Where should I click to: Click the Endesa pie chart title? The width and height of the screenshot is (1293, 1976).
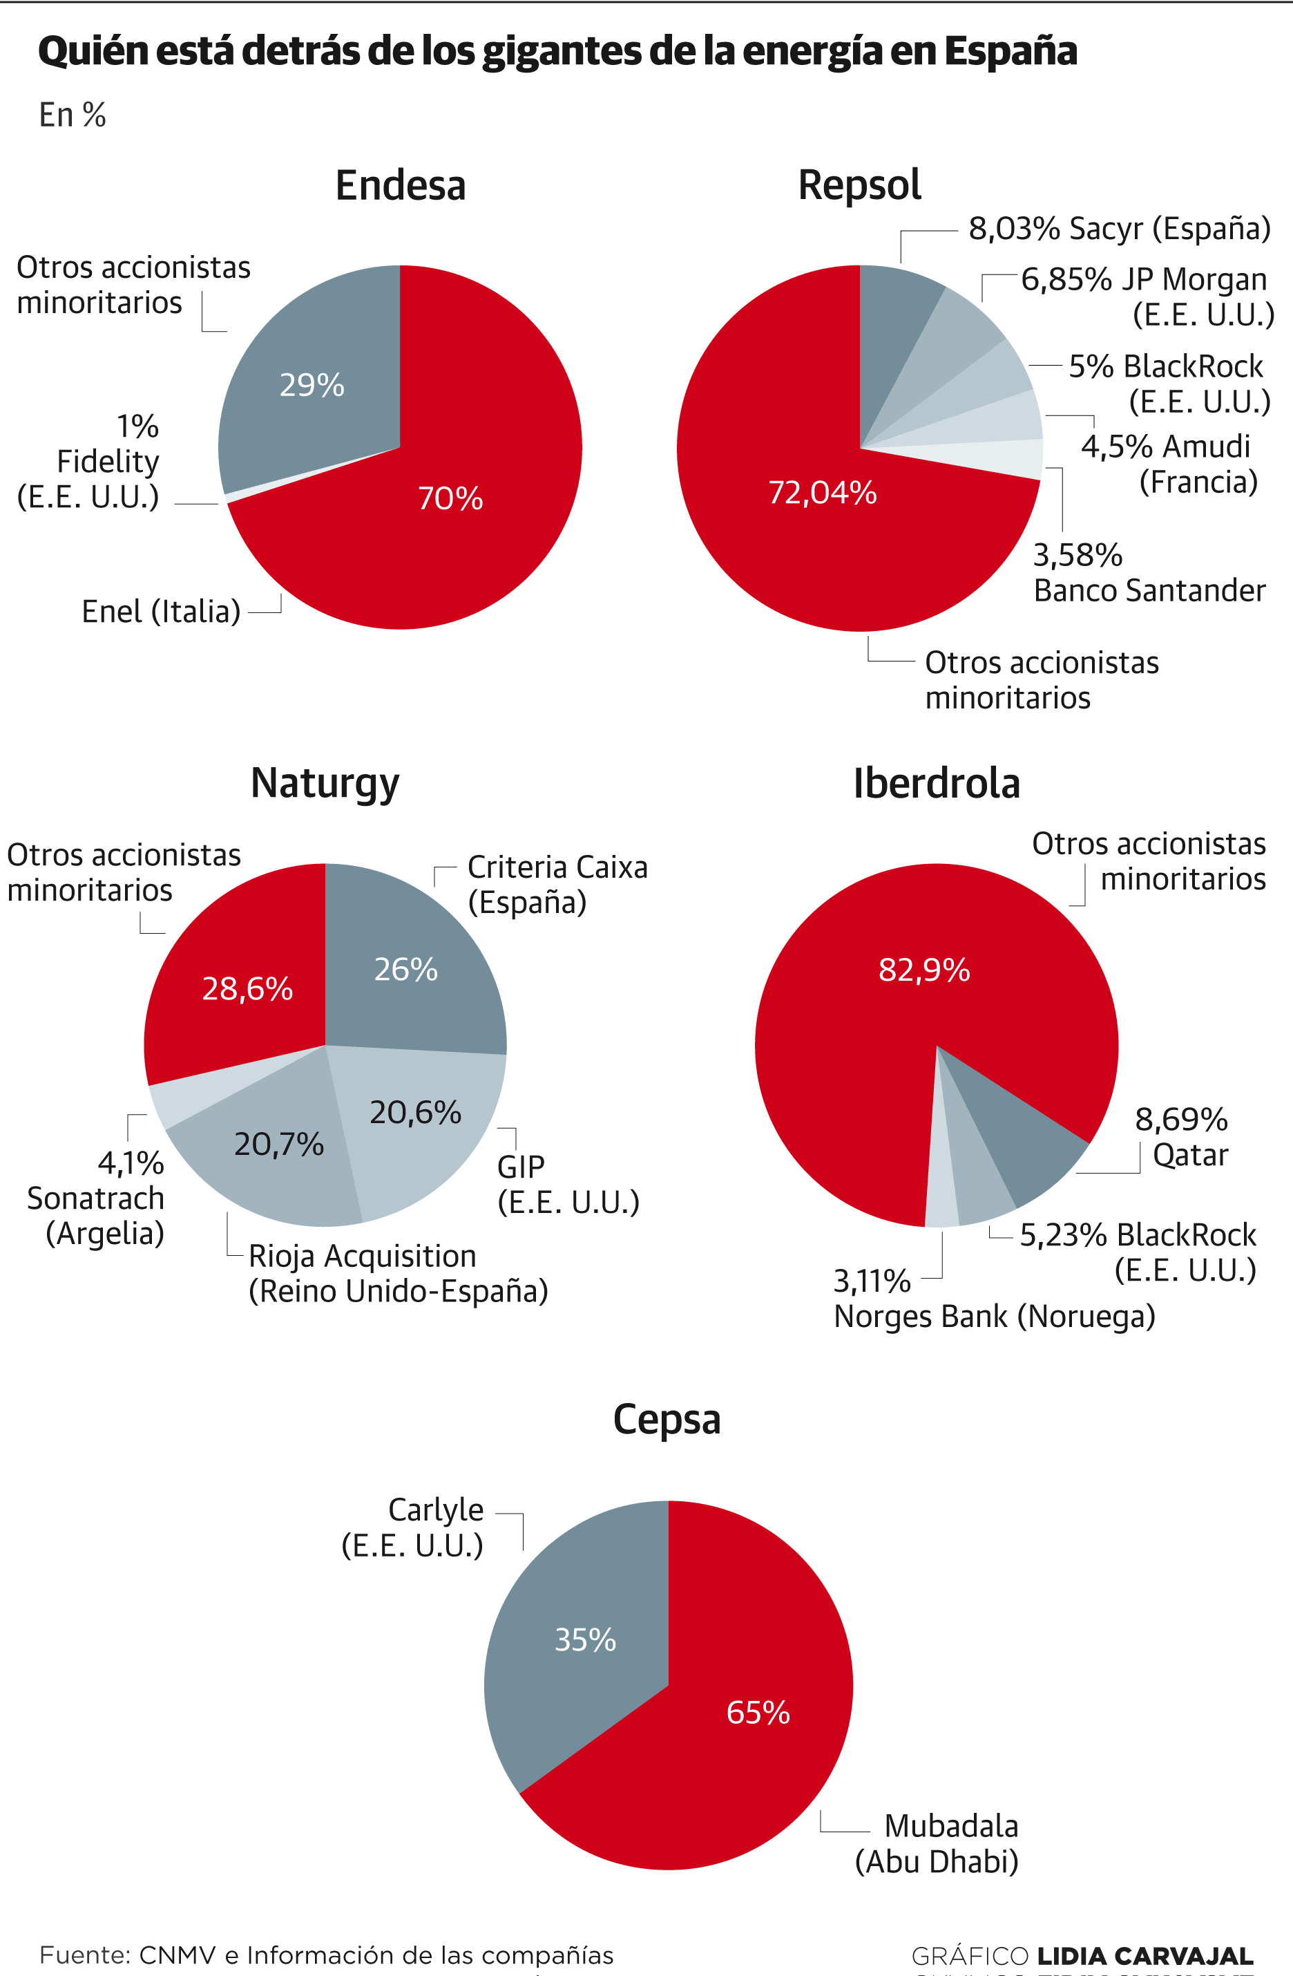400,185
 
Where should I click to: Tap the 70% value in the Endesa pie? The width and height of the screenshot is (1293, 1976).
450,498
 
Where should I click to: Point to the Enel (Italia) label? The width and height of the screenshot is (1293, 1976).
161,612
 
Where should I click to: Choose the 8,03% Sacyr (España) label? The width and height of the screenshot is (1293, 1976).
1119,228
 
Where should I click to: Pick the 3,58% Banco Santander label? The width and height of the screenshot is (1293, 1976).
1149,573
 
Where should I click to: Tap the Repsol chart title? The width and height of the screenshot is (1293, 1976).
859,185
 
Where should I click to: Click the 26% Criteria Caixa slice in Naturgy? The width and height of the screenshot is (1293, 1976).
406,969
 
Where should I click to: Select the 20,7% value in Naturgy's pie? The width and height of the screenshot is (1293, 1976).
278,1144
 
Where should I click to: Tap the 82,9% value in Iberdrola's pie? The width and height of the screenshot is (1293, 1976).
923,969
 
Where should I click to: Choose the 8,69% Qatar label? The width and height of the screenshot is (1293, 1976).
1181,1137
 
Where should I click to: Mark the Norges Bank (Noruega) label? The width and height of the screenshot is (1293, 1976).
994,1317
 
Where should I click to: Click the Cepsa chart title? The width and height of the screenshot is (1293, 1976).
667,1419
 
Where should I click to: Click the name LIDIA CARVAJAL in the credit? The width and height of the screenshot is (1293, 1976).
1145,1955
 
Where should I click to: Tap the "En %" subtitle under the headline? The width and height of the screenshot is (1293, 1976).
73,115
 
